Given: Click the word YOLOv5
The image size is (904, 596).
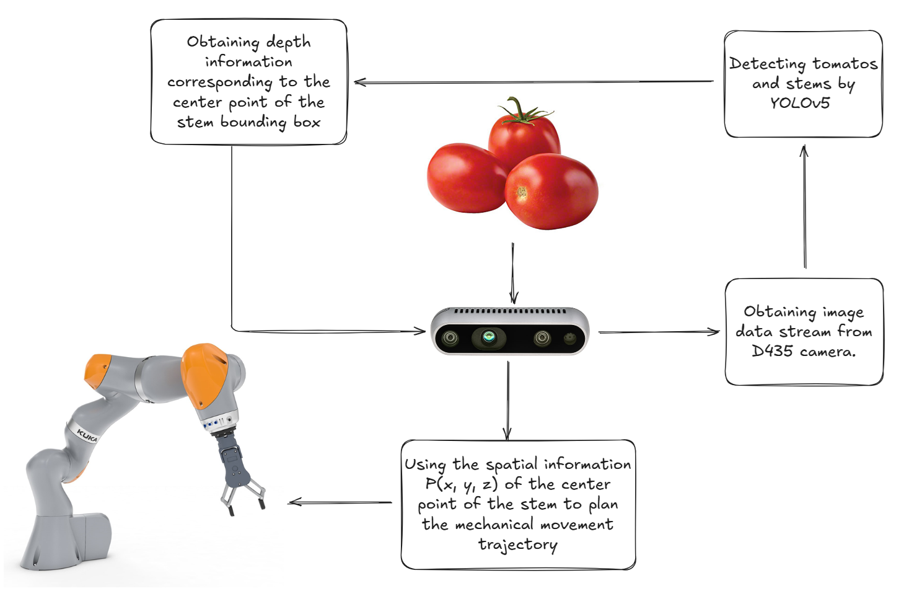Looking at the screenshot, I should [x=800, y=103].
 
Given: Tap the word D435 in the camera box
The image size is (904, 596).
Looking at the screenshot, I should [x=772, y=351].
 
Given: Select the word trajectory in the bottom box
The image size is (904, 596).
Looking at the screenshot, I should [x=517, y=545].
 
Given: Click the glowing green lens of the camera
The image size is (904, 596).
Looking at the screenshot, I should [x=489, y=337].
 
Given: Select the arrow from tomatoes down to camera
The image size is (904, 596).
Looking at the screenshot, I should [x=513, y=273].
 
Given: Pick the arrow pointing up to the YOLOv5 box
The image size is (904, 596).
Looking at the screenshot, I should [x=804, y=207].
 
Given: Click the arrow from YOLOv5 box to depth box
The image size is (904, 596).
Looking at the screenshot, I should [x=533, y=81].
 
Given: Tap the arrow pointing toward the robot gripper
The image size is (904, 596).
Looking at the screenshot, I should [x=340, y=502].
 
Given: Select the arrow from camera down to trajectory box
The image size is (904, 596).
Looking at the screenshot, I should [x=507, y=400].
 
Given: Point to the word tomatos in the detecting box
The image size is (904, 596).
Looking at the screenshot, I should [x=845, y=64].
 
